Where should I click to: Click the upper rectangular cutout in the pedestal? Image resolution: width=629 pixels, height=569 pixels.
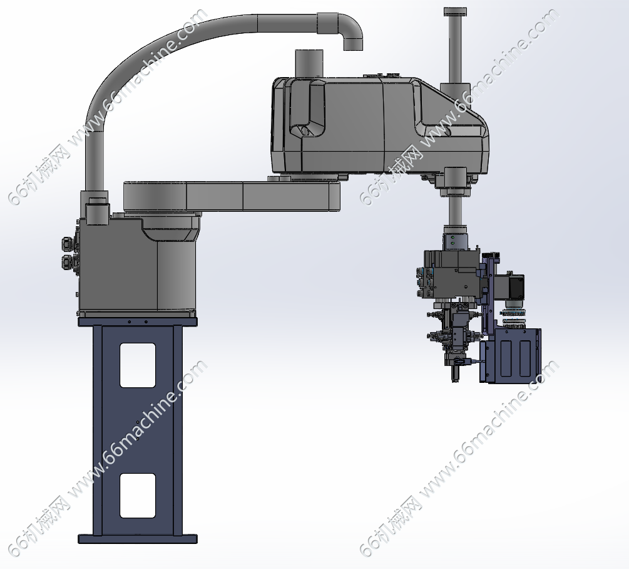[x=138, y=365]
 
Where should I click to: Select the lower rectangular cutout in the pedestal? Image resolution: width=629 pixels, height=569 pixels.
[x=138, y=496]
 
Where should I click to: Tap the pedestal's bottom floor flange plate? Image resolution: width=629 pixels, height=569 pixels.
[x=138, y=538]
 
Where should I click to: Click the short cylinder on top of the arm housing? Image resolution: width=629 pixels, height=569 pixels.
[x=309, y=63]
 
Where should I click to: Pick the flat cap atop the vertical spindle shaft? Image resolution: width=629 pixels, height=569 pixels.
[x=456, y=12]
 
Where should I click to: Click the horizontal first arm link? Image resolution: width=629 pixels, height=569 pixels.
[x=232, y=196]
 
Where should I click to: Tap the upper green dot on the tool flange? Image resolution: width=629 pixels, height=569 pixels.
[x=453, y=238]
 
